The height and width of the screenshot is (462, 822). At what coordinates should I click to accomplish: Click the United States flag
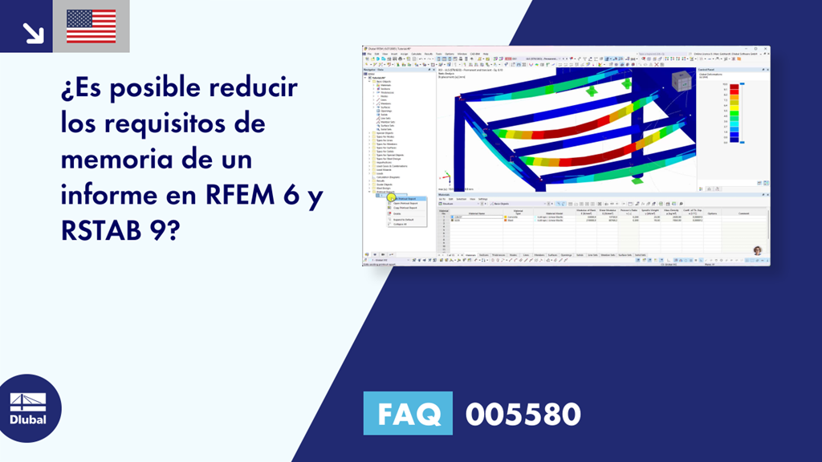click(91, 26)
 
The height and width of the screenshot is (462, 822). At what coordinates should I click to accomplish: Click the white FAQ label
click(407, 414)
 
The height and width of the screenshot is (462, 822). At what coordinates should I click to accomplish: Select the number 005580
click(523, 414)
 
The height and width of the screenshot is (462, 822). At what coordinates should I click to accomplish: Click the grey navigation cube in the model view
click(680, 80)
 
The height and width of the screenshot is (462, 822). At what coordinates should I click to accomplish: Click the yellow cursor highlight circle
click(392, 198)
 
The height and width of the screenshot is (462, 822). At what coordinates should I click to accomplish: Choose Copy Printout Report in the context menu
click(406, 209)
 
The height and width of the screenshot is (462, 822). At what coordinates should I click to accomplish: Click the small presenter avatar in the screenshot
click(756, 250)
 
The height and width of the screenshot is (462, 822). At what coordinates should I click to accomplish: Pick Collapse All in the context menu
click(402, 224)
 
